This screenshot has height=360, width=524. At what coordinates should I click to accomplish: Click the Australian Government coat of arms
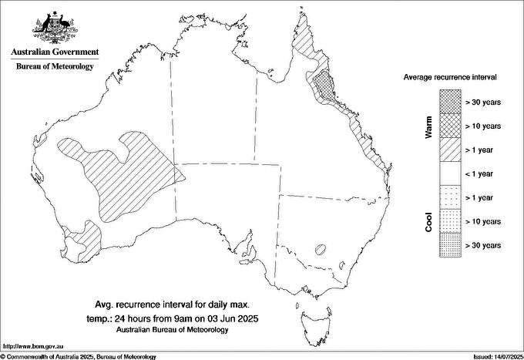click(x=54, y=26)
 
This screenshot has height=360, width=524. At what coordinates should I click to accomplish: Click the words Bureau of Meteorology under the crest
click(x=55, y=66)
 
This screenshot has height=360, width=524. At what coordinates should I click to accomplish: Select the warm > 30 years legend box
click(x=450, y=102)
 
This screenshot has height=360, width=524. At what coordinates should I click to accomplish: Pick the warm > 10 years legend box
click(x=450, y=126)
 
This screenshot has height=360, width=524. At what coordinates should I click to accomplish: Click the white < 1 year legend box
click(x=450, y=173)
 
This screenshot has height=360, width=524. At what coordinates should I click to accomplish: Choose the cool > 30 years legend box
click(x=450, y=245)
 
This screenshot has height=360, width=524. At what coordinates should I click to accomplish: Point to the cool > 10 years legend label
click(x=483, y=221)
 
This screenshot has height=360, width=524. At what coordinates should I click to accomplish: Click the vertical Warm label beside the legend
click(x=429, y=126)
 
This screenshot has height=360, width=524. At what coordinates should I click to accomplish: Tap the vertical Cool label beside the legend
click(x=429, y=221)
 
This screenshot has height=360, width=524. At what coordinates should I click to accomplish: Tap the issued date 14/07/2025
click(x=497, y=356)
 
